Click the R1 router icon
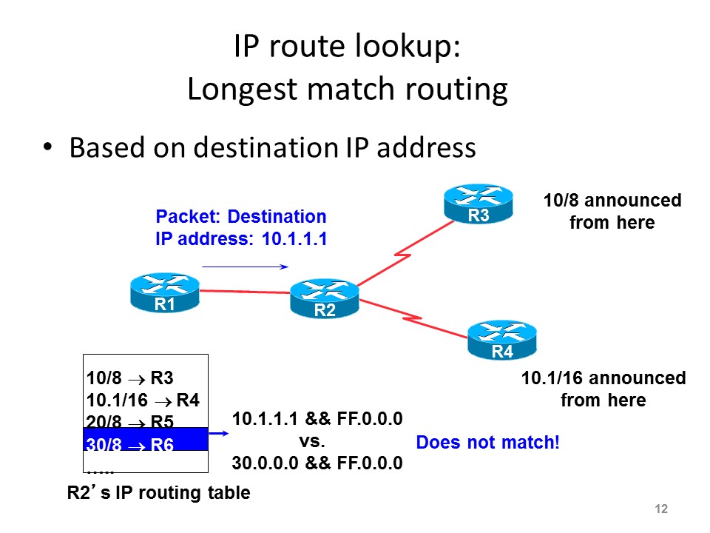[164, 293]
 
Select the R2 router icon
[325, 299]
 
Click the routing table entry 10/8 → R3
[130, 379]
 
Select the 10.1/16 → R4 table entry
[143, 401]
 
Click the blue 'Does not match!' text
[488, 443]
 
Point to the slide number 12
[661, 509]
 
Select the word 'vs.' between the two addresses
[317, 442]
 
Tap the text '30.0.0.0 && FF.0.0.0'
[317, 464]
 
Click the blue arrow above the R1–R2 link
[244, 265]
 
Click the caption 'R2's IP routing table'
[159, 492]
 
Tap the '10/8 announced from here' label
[612, 211]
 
